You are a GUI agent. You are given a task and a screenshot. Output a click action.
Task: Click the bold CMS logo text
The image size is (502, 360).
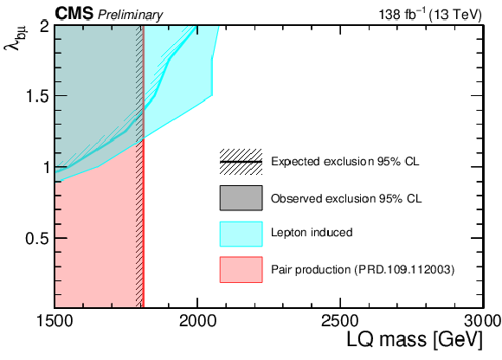pyautogui.click(x=74, y=14)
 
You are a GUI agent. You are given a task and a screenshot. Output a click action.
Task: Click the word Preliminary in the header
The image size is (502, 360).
pyautogui.click(x=130, y=15)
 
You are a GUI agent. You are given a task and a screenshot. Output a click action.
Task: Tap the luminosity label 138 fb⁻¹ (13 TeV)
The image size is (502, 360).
pyautogui.click(x=430, y=15)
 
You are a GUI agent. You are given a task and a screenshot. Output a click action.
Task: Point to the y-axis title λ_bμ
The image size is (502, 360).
pyautogui.click(x=15, y=39)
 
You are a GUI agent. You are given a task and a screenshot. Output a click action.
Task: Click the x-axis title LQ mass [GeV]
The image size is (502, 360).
pyautogui.click(x=415, y=339)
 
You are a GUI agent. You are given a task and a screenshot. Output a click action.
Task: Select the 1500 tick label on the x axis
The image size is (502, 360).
pyautogui.click(x=55, y=321)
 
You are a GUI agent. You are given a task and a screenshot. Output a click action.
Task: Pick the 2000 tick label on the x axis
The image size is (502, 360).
pyautogui.click(x=197, y=321)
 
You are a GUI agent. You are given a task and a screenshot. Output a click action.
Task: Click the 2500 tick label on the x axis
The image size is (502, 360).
pyautogui.click(x=340, y=321)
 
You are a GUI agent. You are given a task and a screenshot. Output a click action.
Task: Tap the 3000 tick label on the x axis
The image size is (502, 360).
pyautogui.click(x=483, y=321)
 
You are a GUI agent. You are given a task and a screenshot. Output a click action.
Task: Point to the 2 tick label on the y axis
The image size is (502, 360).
pyautogui.click(x=45, y=27)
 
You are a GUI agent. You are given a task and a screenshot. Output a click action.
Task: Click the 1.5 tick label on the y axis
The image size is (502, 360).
pyautogui.click(x=38, y=96)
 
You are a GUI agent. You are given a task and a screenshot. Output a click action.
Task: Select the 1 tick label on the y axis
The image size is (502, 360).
pyautogui.click(x=47, y=167)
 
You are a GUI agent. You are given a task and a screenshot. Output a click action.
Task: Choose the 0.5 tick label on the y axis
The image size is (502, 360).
pyautogui.click(x=38, y=238)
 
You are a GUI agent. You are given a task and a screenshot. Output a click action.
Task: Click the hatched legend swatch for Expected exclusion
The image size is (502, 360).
pyautogui.click(x=241, y=162)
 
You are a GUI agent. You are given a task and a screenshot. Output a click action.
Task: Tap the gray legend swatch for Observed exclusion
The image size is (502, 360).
pyautogui.click(x=241, y=198)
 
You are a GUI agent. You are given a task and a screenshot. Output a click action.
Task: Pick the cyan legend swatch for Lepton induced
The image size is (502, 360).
pyautogui.click(x=241, y=234)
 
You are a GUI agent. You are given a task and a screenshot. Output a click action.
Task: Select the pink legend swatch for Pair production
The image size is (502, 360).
pyautogui.click(x=241, y=270)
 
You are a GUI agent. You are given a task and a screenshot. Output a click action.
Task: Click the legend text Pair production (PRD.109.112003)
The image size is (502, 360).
pyautogui.click(x=363, y=270)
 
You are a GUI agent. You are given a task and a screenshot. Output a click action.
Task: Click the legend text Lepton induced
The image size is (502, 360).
pyautogui.click(x=312, y=232)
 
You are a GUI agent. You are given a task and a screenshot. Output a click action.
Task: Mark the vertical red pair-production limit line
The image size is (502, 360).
pyautogui.click(x=144, y=166)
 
